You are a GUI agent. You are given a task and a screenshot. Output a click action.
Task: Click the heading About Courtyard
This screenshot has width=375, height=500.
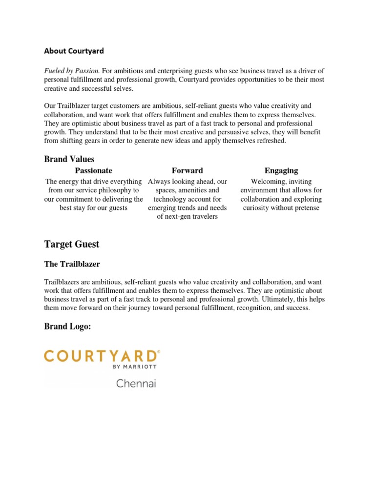click(74, 51)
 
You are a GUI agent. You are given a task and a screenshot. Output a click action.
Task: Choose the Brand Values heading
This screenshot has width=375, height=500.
click(69, 159)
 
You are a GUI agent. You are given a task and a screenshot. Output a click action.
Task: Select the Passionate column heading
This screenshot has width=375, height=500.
click(93, 170)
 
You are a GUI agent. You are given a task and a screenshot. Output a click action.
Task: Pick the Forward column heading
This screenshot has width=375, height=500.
click(187, 170)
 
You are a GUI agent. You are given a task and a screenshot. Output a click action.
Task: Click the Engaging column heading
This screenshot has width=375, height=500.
click(281, 170)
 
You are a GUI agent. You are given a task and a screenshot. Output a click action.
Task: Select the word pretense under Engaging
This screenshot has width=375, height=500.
click(306, 208)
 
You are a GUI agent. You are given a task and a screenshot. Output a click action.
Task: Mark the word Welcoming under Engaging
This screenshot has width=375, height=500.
click(269, 182)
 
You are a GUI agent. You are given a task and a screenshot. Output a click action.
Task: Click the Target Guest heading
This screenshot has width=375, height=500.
click(72, 244)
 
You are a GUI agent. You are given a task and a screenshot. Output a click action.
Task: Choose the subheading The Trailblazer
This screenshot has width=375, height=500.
click(72, 264)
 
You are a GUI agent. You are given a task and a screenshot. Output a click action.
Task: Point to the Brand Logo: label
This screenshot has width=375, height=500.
click(68, 327)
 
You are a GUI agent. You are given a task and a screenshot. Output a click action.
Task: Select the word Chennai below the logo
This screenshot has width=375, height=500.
click(136, 383)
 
